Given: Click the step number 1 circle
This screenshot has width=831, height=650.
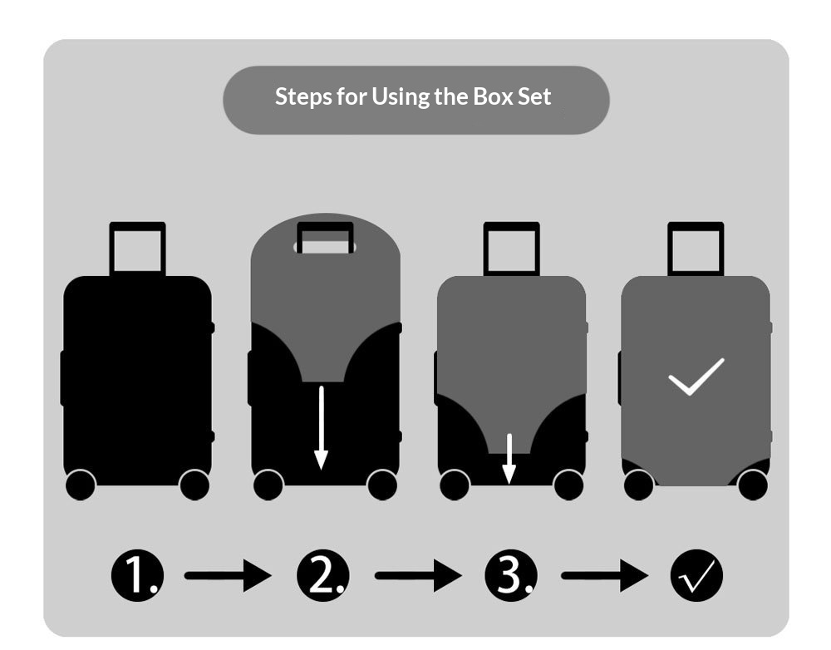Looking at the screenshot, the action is tap(137, 575).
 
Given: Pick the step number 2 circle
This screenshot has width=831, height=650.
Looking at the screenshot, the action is tap(322, 575).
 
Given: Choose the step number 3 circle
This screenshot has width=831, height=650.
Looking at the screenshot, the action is tap(511, 575).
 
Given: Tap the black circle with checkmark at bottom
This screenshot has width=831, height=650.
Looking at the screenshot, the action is tap(696, 575).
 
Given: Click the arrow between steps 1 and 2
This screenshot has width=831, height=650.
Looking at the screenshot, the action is tap(228, 575).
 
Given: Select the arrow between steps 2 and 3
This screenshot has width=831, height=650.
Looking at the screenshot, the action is tap(418, 575).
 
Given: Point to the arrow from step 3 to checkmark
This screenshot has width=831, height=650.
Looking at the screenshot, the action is tap(605, 575).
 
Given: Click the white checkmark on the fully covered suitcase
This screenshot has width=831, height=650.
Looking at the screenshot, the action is tap(696, 377).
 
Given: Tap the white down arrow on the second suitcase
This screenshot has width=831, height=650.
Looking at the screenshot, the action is tap(321, 428).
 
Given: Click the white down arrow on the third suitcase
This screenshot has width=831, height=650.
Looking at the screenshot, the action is tap(509, 459).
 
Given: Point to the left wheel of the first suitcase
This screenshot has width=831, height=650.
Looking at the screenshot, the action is tap(81, 485).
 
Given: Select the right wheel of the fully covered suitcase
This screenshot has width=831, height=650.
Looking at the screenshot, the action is tap(753, 485).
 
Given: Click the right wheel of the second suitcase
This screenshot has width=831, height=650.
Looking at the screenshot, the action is tap(382, 485).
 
